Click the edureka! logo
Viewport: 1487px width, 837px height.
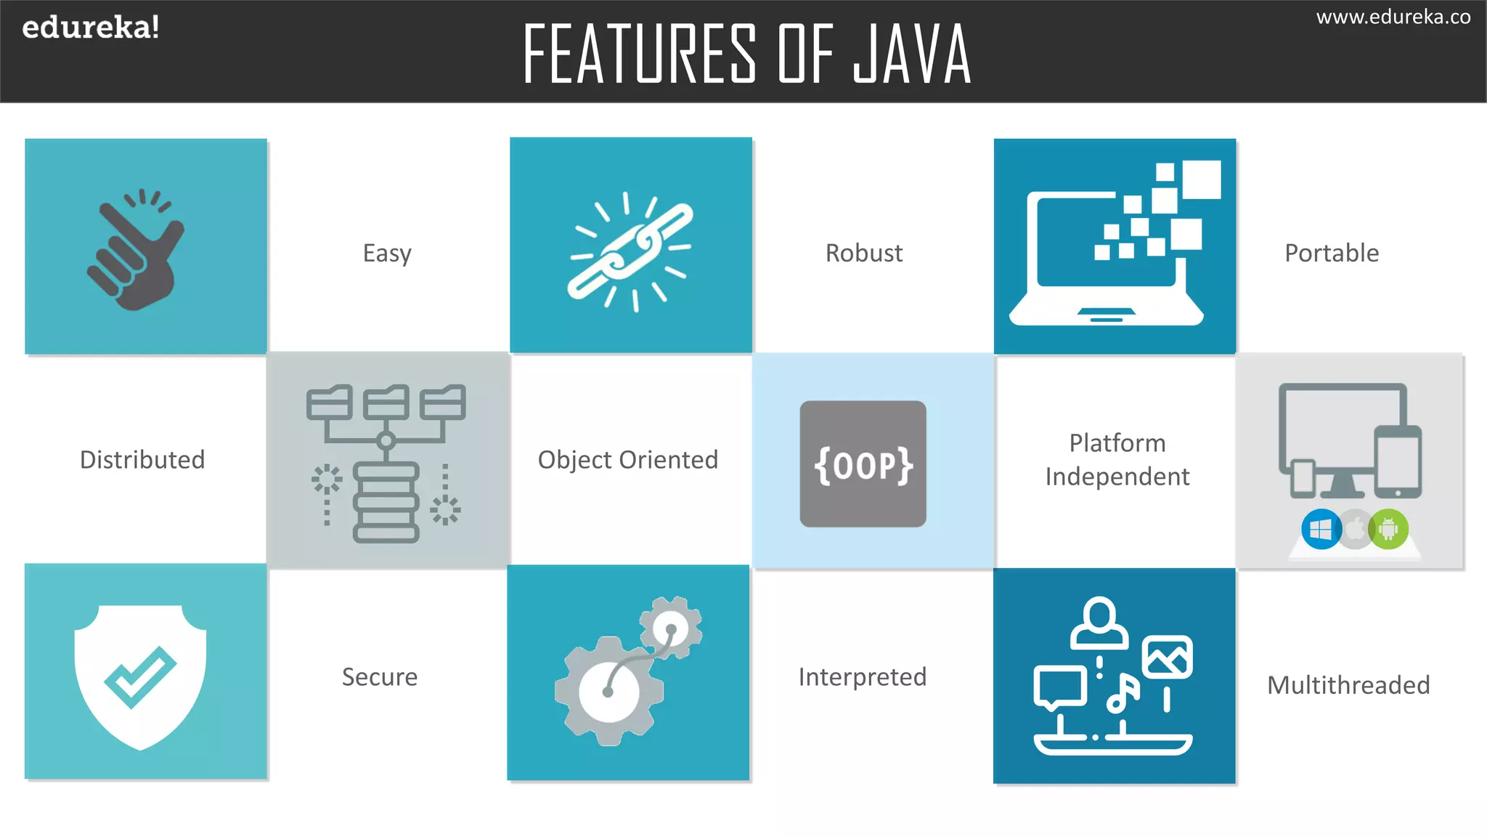pos(91,28)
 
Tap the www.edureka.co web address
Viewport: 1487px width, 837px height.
pos(1393,17)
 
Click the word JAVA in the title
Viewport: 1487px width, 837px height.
pos(912,54)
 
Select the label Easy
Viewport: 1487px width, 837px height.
pos(387,254)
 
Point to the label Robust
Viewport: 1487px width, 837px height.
pos(863,253)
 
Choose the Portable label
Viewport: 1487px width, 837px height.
pos(1332,253)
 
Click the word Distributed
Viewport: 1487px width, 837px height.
pos(142,459)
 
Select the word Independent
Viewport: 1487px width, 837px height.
pos(1117,477)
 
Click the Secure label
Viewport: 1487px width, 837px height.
pos(380,676)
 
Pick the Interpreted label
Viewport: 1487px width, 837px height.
pos(862,676)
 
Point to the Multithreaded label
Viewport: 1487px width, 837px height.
pos(1348,685)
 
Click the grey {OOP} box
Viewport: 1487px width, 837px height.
pos(863,464)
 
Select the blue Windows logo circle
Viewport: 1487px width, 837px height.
pos(1321,529)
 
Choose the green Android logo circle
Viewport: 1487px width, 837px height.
pos(1388,529)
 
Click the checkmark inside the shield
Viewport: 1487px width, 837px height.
pos(140,676)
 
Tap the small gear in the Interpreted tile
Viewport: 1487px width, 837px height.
pos(671,628)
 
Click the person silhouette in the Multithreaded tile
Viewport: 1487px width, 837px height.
pos(1099,623)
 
